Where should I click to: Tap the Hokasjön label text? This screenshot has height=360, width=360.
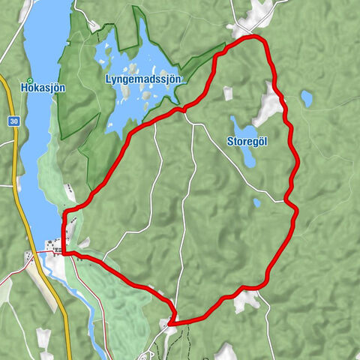tap(42, 88)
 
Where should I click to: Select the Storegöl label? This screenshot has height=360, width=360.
tap(248, 140)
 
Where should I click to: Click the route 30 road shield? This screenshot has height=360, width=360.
tap(15, 120)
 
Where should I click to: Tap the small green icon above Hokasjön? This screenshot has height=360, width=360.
tap(30, 79)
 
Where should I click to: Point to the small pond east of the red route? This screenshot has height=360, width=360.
tap(306, 98)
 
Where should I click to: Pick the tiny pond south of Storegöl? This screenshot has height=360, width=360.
tap(256, 202)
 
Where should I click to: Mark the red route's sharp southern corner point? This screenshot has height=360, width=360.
tap(171, 322)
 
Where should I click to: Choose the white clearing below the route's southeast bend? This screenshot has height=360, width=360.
tap(244, 301)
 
